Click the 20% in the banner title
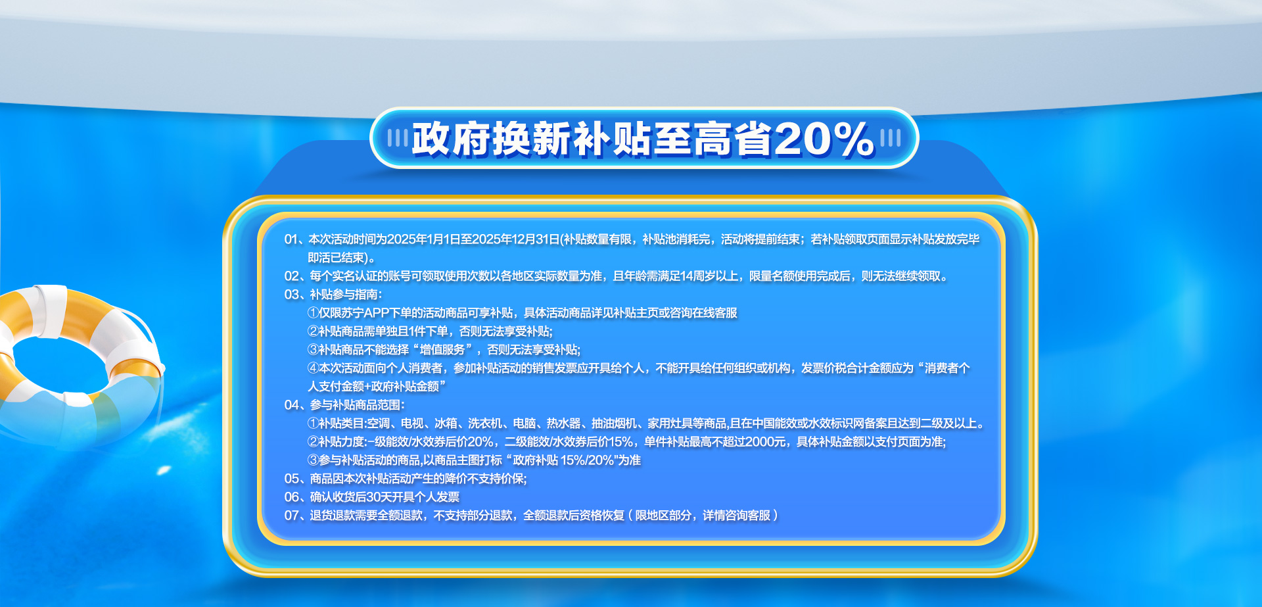(x=824, y=139)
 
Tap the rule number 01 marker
(x=291, y=239)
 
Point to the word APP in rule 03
(x=377, y=313)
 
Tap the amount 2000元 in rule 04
(x=765, y=442)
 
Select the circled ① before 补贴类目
(x=313, y=424)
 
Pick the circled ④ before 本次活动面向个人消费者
(x=313, y=368)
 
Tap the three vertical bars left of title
(x=398, y=138)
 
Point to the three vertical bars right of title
(x=890, y=138)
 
